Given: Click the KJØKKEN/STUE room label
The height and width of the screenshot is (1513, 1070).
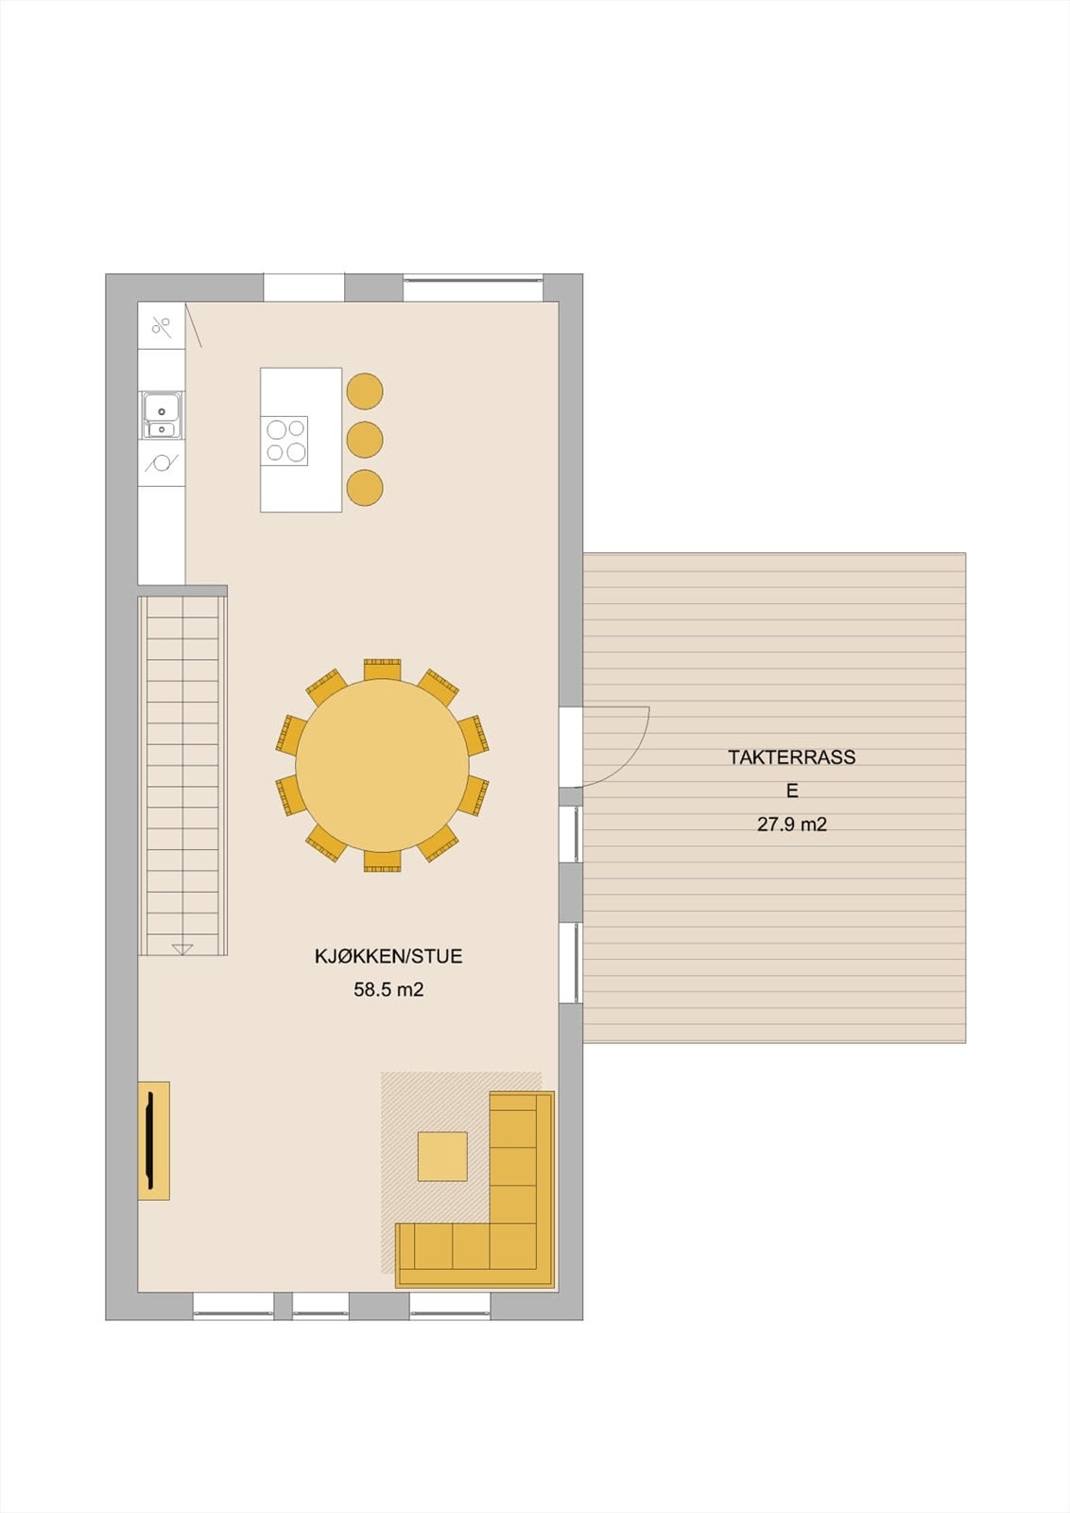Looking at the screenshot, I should pyautogui.click(x=388, y=956).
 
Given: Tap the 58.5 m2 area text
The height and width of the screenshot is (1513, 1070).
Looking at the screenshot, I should pyautogui.click(x=388, y=990).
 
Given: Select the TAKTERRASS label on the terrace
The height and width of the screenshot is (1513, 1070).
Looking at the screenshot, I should pyautogui.click(x=791, y=757).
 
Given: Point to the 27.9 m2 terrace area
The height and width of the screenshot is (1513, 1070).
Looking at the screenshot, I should pyautogui.click(x=791, y=825).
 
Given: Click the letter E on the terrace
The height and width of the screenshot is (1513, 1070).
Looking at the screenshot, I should pyautogui.click(x=792, y=791).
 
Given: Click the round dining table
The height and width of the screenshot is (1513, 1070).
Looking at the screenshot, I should pyautogui.click(x=382, y=765).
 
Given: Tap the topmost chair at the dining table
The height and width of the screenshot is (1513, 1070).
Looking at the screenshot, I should pyautogui.click(x=382, y=669).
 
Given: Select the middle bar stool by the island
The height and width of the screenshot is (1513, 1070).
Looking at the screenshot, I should pyautogui.click(x=365, y=440).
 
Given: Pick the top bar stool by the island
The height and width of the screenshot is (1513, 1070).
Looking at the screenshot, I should pyautogui.click(x=365, y=391).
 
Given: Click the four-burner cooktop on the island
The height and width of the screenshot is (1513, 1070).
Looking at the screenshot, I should pyautogui.click(x=285, y=441).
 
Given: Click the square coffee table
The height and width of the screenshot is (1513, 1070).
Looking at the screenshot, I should pyautogui.click(x=442, y=1156).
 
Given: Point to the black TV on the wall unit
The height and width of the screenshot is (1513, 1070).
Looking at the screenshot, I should pyautogui.click(x=149, y=1139).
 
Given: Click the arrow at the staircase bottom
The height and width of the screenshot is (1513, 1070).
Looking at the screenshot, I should pyautogui.click(x=182, y=948).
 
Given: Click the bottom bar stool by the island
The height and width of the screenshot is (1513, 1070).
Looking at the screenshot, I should pyautogui.click(x=365, y=488).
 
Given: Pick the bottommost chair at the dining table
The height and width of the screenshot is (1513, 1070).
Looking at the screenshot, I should pyautogui.click(x=382, y=861).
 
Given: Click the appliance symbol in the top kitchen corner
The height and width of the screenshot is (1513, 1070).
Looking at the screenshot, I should pyautogui.click(x=162, y=327).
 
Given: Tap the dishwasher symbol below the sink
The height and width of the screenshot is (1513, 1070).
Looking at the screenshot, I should pyautogui.click(x=161, y=463).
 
